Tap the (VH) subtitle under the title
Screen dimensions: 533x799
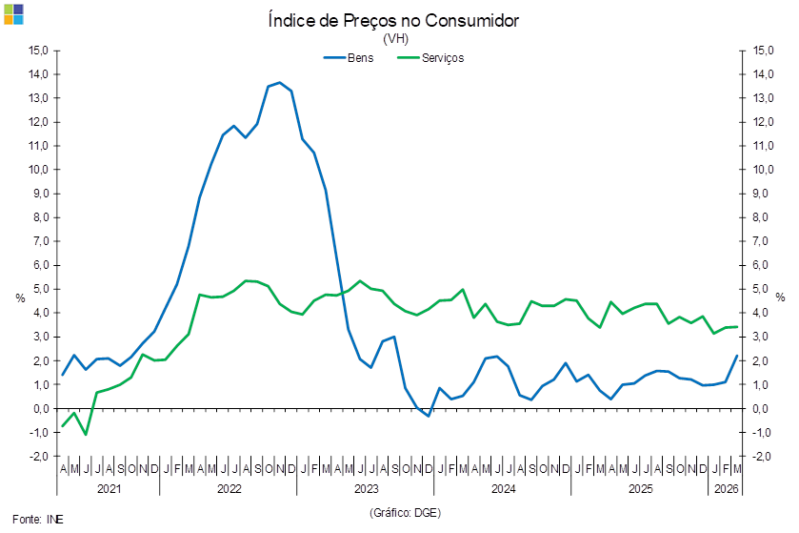coord(394,40)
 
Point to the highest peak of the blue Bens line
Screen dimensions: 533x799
coord(278,83)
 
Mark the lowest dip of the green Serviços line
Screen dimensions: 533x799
coord(86,435)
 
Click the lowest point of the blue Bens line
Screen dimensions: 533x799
coord(429,416)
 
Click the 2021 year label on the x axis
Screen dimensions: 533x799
coord(109,488)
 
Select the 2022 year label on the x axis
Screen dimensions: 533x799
coord(229,488)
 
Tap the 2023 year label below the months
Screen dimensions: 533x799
coord(366,488)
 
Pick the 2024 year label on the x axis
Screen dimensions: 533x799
coord(503,488)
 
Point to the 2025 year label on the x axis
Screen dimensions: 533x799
coord(640,488)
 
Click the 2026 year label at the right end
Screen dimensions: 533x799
coord(728,488)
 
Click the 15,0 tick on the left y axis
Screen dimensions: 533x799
coord(39,50)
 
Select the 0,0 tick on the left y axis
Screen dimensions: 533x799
coord(39,409)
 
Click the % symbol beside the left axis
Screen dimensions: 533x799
coord(20,297)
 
